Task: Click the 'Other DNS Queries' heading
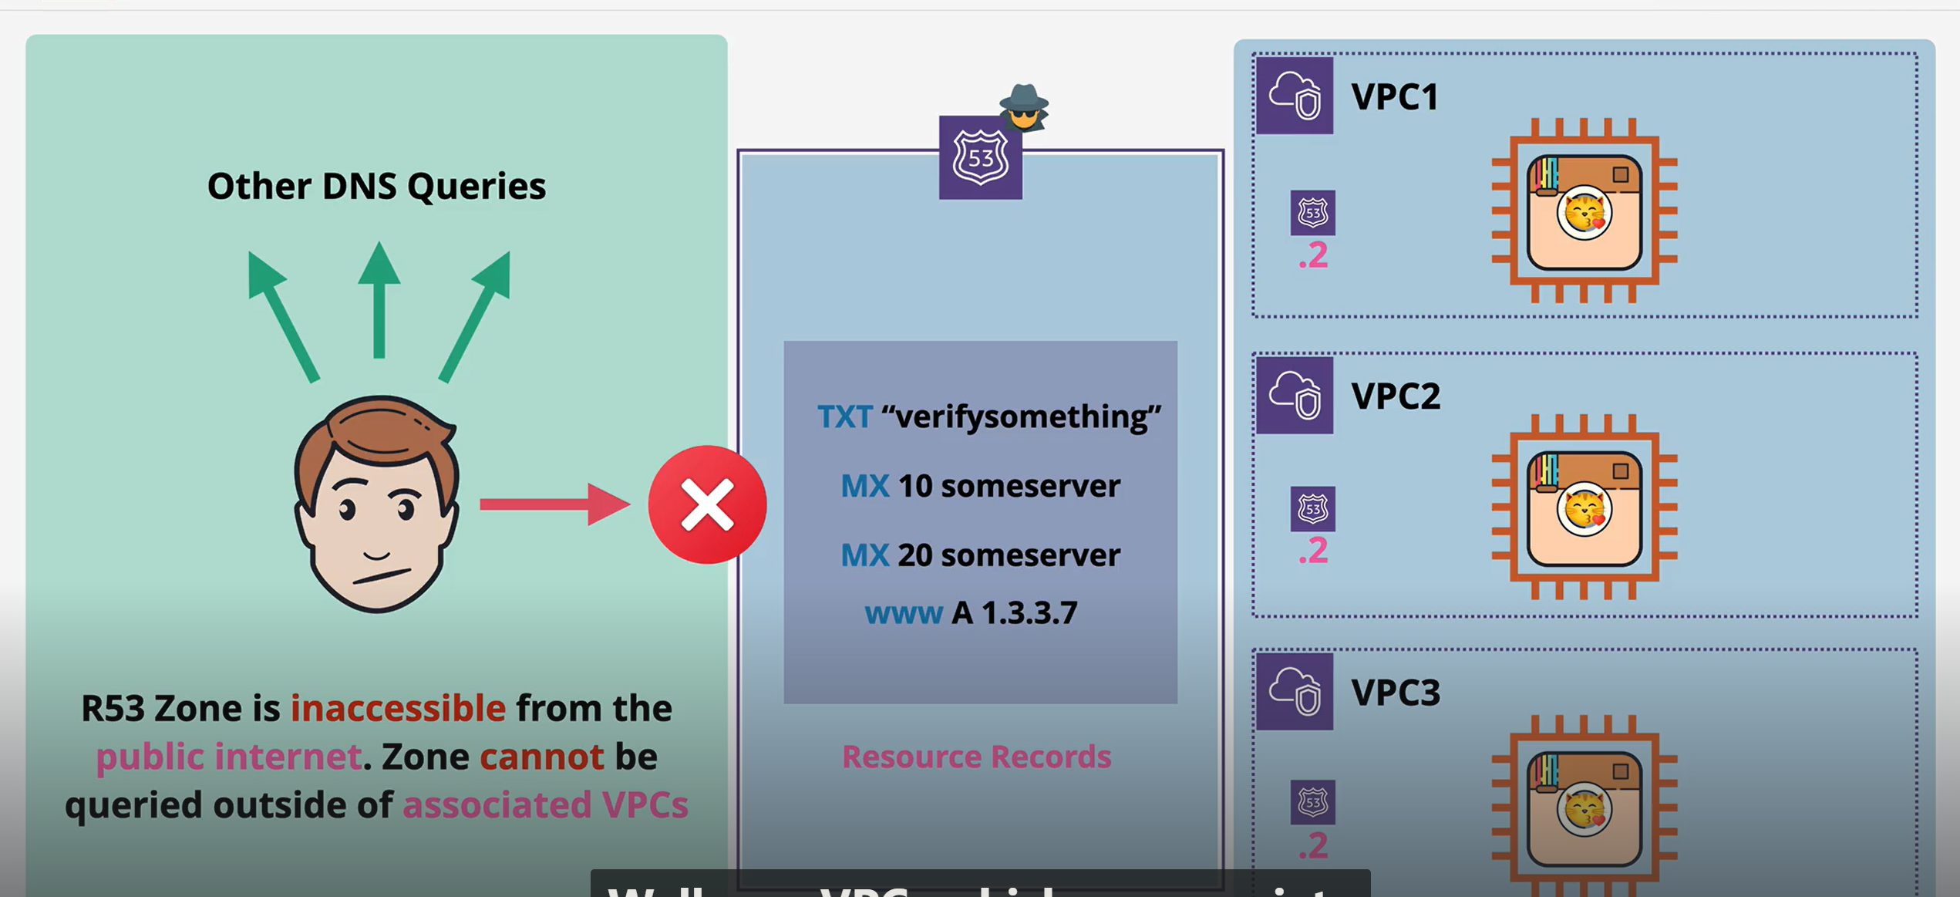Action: [x=376, y=187]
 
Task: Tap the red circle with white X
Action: [x=707, y=505]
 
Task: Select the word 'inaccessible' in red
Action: [x=398, y=708]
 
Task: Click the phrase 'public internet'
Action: [x=228, y=757]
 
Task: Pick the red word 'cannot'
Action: [x=541, y=757]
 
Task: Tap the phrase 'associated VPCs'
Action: [x=545, y=804]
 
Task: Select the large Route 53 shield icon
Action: [x=980, y=158]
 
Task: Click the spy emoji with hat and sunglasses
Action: [x=1024, y=107]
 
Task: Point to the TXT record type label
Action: [x=844, y=417]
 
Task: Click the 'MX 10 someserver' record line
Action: [x=980, y=486]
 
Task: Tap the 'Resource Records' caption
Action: [x=976, y=757]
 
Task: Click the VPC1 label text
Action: [x=1394, y=97]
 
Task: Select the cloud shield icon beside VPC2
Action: [x=1295, y=396]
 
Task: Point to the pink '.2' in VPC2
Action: [x=1312, y=551]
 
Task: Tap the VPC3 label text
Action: [x=1395, y=693]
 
